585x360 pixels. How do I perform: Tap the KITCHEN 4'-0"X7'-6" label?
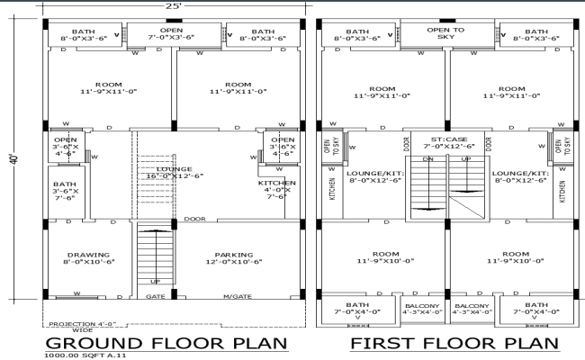click(275, 188)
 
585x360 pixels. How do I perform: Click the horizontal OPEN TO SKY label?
click(445, 34)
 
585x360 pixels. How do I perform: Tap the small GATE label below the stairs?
click(156, 295)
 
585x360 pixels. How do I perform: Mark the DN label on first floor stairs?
click(427, 159)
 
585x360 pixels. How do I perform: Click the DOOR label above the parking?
click(194, 219)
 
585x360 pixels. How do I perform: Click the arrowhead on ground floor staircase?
click(155, 233)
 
